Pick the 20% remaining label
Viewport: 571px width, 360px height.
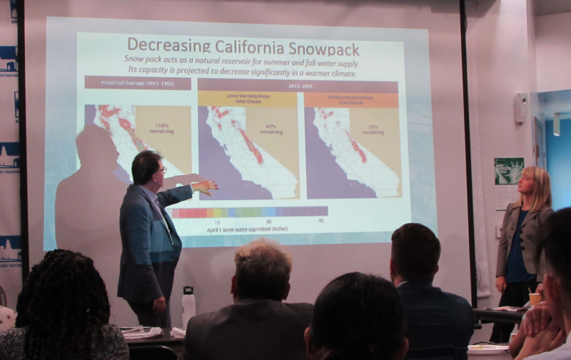tap(373, 129)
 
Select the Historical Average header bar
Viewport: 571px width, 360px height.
tap(137, 82)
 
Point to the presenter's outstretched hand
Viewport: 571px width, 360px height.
tap(206, 186)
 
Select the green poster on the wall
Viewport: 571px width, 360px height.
tap(509, 171)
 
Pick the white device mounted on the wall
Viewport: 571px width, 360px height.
tap(522, 107)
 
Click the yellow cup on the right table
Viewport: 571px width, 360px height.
tap(535, 299)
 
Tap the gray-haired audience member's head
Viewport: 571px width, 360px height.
tap(261, 261)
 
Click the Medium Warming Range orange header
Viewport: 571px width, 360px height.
tap(350, 99)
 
